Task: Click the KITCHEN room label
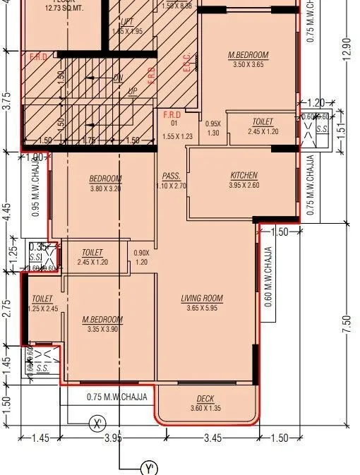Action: (244, 175)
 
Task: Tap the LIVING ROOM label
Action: (202, 299)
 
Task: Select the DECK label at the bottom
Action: (205, 399)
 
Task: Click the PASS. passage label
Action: (170, 176)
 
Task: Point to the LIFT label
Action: (127, 22)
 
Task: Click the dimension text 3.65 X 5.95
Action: (202, 308)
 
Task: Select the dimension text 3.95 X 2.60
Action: (244, 185)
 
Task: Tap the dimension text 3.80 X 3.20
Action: (106, 188)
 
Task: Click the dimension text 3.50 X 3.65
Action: (248, 64)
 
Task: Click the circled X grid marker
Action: (97, 423)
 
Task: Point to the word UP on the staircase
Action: (132, 91)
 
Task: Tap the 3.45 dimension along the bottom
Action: (212, 438)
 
